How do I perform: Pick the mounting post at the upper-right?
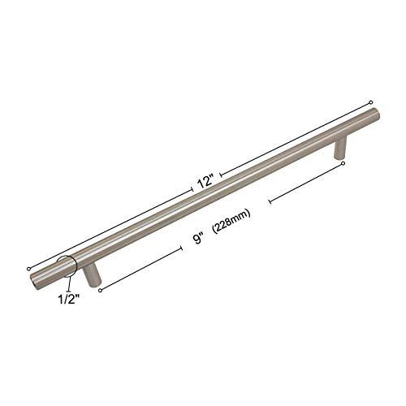(341, 148)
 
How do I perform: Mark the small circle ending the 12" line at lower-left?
(28, 266)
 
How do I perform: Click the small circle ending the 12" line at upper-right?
(370, 101)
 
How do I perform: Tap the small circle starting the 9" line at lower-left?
(99, 288)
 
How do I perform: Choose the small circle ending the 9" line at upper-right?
(343, 163)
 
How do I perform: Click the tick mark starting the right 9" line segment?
(268, 201)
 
